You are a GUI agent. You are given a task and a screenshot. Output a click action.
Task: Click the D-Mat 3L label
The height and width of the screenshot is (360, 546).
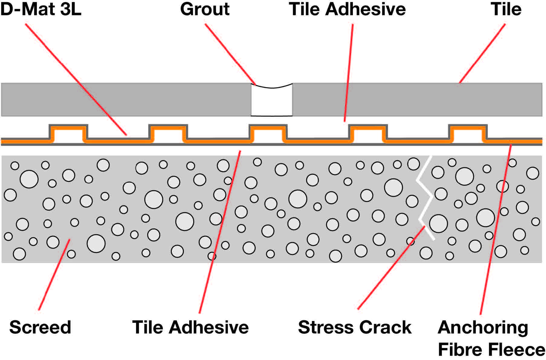(x=41, y=9)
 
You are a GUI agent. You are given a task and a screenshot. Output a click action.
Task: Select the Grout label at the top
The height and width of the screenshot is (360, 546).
(x=205, y=9)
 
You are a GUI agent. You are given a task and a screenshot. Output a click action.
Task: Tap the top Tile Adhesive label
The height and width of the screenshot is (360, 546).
(x=347, y=9)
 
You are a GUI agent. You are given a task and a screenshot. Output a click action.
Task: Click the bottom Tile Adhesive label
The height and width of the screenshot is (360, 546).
(x=190, y=327)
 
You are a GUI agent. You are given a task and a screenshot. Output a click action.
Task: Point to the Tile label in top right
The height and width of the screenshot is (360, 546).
(x=506, y=9)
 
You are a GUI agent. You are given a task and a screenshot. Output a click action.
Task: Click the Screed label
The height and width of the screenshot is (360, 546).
(x=40, y=327)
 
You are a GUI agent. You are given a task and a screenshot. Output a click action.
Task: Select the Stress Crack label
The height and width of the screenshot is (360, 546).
(x=355, y=327)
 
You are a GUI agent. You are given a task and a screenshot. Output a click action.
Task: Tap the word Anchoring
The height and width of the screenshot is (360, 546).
(x=483, y=327)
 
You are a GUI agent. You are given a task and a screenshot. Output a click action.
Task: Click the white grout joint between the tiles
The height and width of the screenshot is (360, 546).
(x=272, y=101)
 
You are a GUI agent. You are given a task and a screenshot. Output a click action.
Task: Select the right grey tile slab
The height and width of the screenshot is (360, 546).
(x=417, y=100)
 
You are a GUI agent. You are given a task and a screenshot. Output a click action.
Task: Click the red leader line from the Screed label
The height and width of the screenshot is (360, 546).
(x=54, y=275)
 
